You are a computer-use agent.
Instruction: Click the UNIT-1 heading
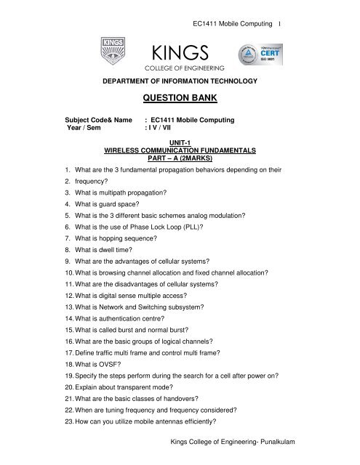pos(179,144)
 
